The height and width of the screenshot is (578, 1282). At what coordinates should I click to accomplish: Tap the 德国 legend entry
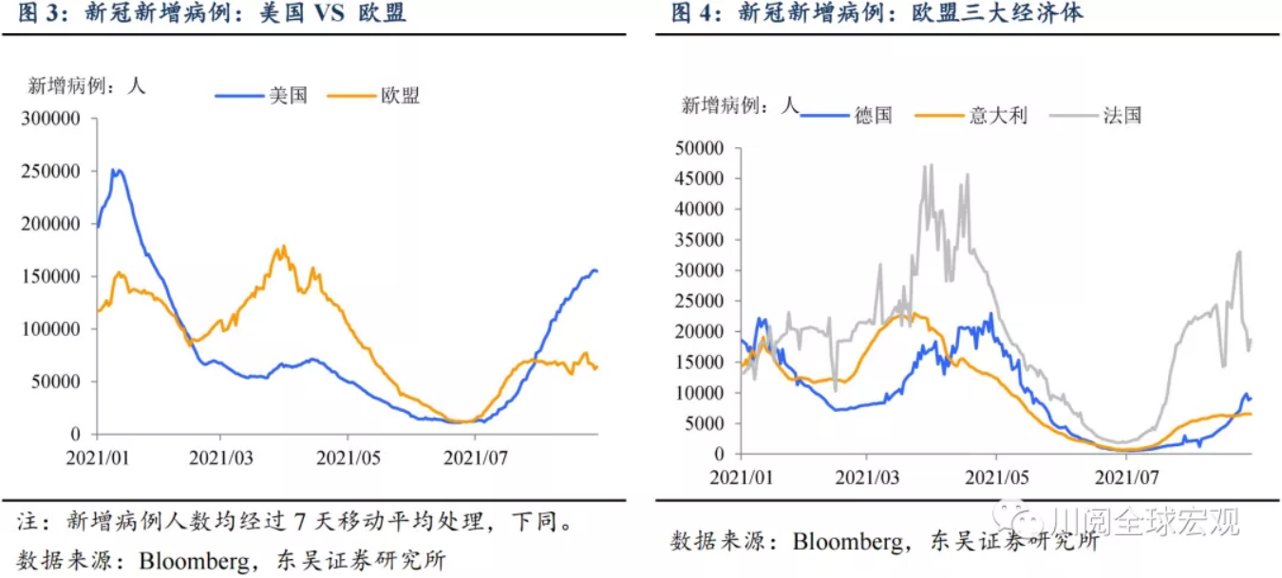(873, 116)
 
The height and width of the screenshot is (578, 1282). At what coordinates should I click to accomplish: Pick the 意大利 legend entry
(998, 116)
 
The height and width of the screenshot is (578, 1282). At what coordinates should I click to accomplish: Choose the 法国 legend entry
(1122, 116)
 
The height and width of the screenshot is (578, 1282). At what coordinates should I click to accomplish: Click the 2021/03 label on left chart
(220, 457)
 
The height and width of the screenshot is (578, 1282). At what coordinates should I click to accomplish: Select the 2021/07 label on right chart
(1124, 475)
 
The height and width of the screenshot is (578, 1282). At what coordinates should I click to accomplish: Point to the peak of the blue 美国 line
(116, 171)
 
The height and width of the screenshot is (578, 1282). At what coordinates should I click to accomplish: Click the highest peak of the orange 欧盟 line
(283, 247)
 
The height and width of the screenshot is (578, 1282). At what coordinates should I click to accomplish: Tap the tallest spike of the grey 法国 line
(931, 165)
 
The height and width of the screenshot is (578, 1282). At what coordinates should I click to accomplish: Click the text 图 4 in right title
(689, 13)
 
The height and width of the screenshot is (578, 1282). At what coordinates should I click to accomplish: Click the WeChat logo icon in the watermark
(1019, 518)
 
